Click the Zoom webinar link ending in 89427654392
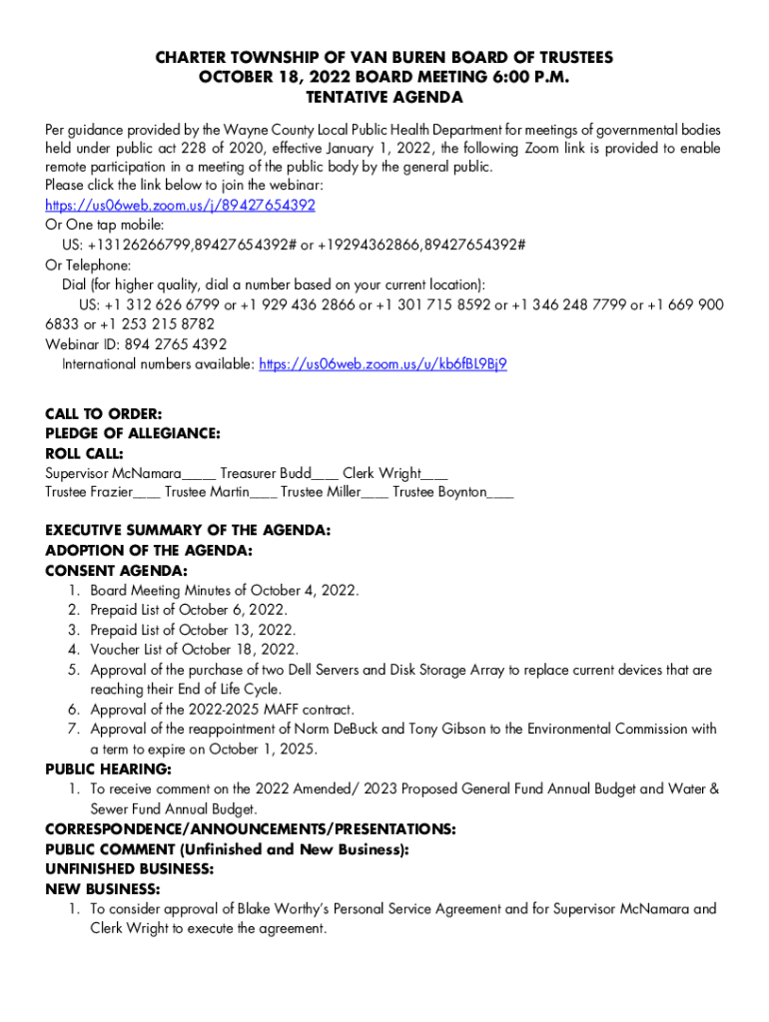[x=180, y=206]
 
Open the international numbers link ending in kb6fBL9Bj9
[x=383, y=364]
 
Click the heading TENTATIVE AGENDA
[x=384, y=98]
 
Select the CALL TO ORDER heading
[x=104, y=413]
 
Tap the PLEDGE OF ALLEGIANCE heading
[x=133, y=433]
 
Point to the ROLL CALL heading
[x=85, y=453]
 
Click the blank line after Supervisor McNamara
[x=200, y=475]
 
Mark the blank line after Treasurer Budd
[x=326, y=475]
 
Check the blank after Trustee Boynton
[x=501, y=494]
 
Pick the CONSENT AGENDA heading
[x=116, y=571]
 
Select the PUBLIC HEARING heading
[x=108, y=769]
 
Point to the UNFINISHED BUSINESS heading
[x=129, y=869]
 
